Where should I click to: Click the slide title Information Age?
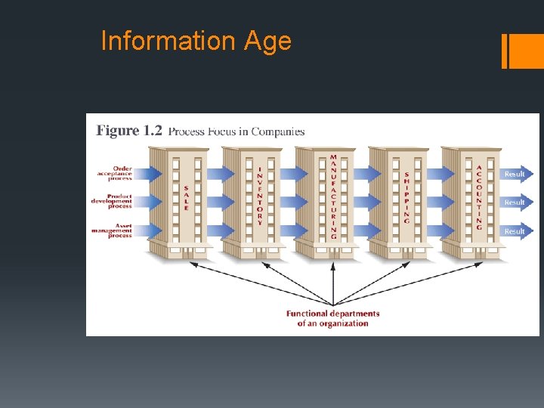196,41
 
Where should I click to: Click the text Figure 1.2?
129,131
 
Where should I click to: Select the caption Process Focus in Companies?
236,131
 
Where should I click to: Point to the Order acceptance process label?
114,174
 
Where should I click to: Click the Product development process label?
112,202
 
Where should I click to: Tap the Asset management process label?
112,230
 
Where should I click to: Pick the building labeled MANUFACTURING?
333,200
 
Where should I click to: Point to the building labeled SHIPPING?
406,200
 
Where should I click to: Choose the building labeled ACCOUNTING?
479,200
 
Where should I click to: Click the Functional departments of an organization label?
332,318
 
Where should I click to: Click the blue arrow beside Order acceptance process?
147,174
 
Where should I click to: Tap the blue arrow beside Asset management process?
147,230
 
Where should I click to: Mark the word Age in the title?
267,41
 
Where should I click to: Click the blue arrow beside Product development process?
147,202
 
